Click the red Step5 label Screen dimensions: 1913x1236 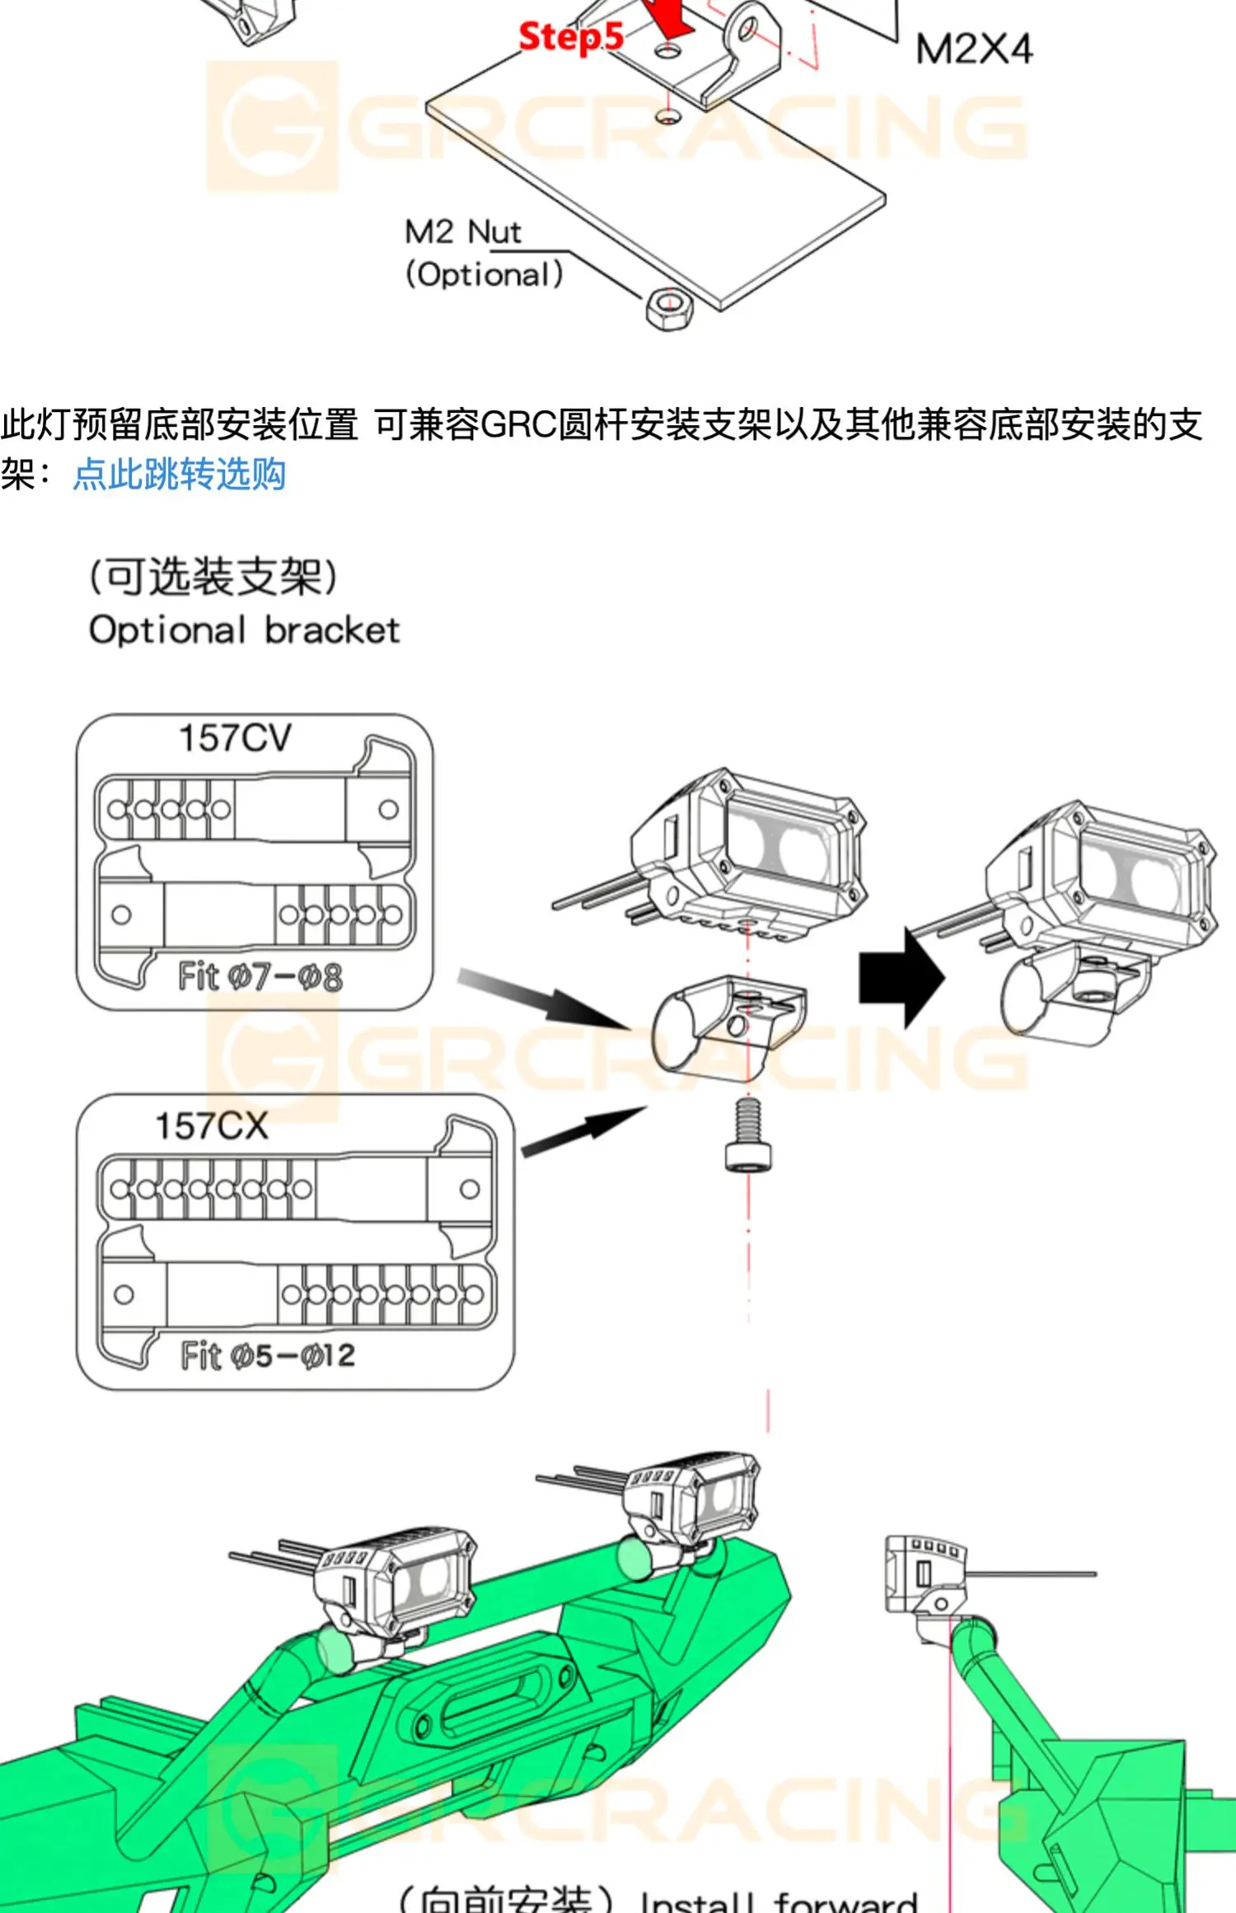click(570, 36)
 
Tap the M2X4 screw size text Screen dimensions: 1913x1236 click(973, 49)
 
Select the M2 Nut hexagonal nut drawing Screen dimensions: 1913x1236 click(669, 309)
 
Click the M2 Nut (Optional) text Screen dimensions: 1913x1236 click(484, 253)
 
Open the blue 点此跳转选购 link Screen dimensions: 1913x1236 click(180, 475)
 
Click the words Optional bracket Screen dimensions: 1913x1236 click(244, 630)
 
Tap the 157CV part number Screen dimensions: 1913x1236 click(235, 737)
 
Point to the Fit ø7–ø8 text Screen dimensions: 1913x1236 click(260, 977)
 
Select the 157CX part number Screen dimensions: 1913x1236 click(212, 1125)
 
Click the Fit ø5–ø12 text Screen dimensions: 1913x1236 click(268, 1355)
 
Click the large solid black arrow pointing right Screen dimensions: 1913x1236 click(901, 978)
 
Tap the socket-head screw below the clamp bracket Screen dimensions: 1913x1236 click(747, 1134)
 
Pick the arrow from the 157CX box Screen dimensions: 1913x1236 click(583, 1130)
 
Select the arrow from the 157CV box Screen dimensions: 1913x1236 click(544, 999)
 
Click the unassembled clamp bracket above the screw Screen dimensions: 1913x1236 click(725, 1022)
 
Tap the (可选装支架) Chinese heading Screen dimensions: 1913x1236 click(213, 576)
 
